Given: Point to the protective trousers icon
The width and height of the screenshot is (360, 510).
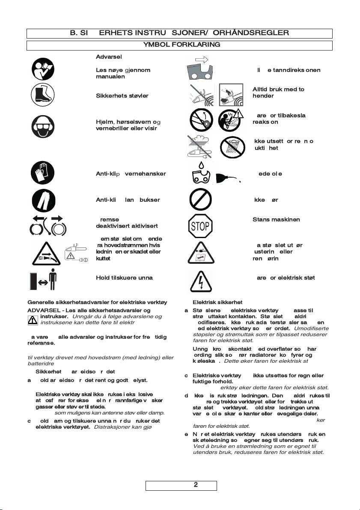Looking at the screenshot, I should (x=43, y=200).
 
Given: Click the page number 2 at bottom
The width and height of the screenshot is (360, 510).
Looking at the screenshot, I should (x=196, y=485).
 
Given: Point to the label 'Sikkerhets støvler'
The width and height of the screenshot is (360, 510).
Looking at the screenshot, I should (x=122, y=95).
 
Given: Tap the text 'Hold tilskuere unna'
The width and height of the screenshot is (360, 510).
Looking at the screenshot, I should (x=124, y=277).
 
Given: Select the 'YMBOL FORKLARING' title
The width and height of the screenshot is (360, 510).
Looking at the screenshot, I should (x=181, y=45).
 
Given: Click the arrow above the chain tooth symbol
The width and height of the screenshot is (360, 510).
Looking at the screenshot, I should (x=201, y=60).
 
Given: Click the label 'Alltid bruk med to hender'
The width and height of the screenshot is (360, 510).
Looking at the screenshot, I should (x=278, y=92).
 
